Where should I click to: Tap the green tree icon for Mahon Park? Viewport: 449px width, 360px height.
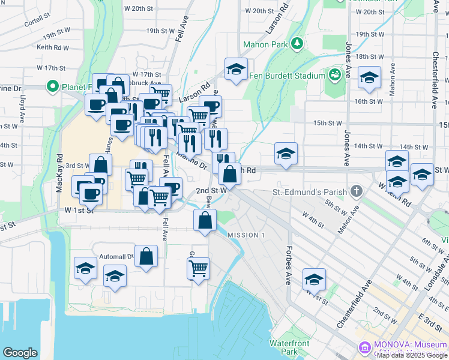[x=296, y=44]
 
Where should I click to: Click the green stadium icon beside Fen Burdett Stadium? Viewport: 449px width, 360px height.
[x=334, y=75]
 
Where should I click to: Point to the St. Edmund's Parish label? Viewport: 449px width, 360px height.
[x=309, y=192]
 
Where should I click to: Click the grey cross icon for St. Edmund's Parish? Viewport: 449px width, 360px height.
[x=357, y=192]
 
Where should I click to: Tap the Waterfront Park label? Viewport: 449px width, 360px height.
[x=283, y=347]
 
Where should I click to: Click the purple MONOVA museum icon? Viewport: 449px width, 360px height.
[x=364, y=347]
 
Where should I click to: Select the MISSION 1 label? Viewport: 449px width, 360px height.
[x=246, y=235]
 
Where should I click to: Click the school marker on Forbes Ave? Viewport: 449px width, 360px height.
[x=314, y=278]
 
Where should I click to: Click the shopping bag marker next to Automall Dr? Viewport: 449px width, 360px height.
[x=146, y=256]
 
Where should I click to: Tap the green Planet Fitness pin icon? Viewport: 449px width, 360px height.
[x=52, y=86]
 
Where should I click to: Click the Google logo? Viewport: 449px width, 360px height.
[x=20, y=353]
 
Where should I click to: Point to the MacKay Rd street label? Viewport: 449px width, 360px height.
[x=59, y=173]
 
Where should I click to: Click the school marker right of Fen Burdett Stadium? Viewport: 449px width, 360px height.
[x=369, y=77]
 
